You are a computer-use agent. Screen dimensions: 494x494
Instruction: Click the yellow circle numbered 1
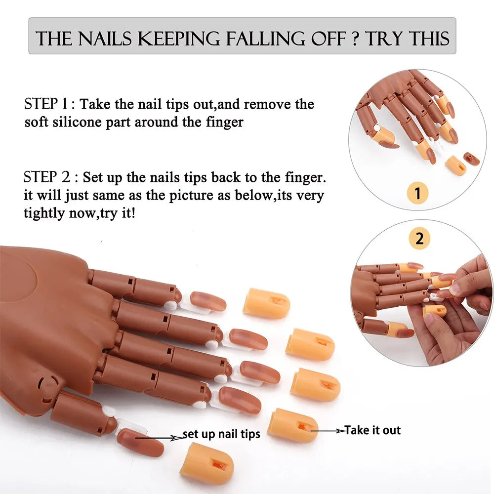click(418, 193)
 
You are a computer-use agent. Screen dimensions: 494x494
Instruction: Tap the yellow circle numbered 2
click(419, 239)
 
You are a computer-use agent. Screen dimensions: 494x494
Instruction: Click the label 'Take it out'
click(372, 430)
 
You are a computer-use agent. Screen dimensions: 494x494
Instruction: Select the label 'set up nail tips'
click(221, 435)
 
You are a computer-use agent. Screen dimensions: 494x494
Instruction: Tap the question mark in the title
click(355, 39)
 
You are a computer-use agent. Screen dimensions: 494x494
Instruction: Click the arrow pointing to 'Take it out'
click(327, 431)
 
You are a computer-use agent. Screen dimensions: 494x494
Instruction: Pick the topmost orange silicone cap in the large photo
click(266, 303)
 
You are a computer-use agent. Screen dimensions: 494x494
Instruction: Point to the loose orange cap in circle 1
click(455, 165)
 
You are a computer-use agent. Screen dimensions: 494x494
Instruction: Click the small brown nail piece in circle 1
click(471, 159)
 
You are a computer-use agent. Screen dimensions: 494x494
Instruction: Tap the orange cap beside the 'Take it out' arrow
click(292, 425)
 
